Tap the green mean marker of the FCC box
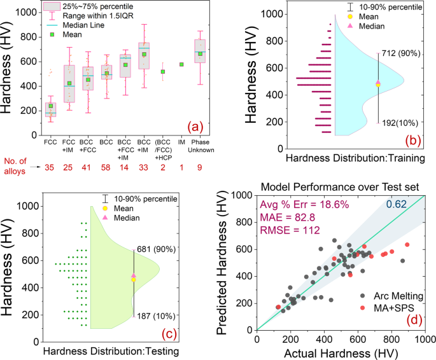tap(52, 106)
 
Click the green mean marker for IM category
tap(181, 64)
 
